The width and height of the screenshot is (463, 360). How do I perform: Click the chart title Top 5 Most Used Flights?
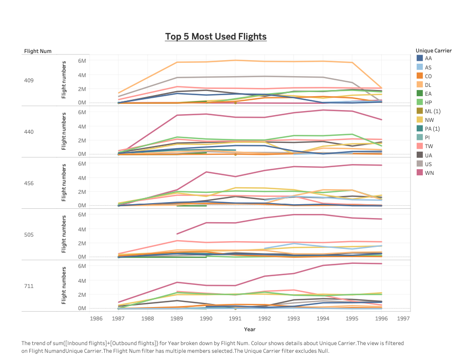tap(216, 37)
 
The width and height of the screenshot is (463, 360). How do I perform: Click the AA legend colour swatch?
tap(420, 58)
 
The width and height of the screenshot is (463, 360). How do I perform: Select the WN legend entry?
tap(429, 172)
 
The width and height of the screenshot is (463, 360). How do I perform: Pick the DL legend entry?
tap(428, 85)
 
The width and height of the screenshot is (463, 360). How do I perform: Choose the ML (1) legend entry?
tap(432, 111)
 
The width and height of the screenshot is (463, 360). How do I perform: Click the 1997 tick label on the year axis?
tap(403, 318)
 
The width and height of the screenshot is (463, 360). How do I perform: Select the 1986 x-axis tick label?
tap(96, 318)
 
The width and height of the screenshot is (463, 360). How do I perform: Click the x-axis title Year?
tap(250, 329)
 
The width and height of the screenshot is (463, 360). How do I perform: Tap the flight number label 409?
tap(29, 80)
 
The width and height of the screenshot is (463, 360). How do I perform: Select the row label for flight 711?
tap(28, 285)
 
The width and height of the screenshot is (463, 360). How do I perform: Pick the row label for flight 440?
tap(29, 132)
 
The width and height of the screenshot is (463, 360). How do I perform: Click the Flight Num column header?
tap(38, 51)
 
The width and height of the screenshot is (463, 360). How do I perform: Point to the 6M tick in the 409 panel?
tap(82, 61)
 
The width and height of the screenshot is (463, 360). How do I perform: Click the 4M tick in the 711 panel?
tap(82, 280)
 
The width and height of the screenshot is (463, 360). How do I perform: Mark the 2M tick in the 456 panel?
tap(82, 191)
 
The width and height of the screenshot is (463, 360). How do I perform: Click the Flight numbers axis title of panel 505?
tap(64, 234)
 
